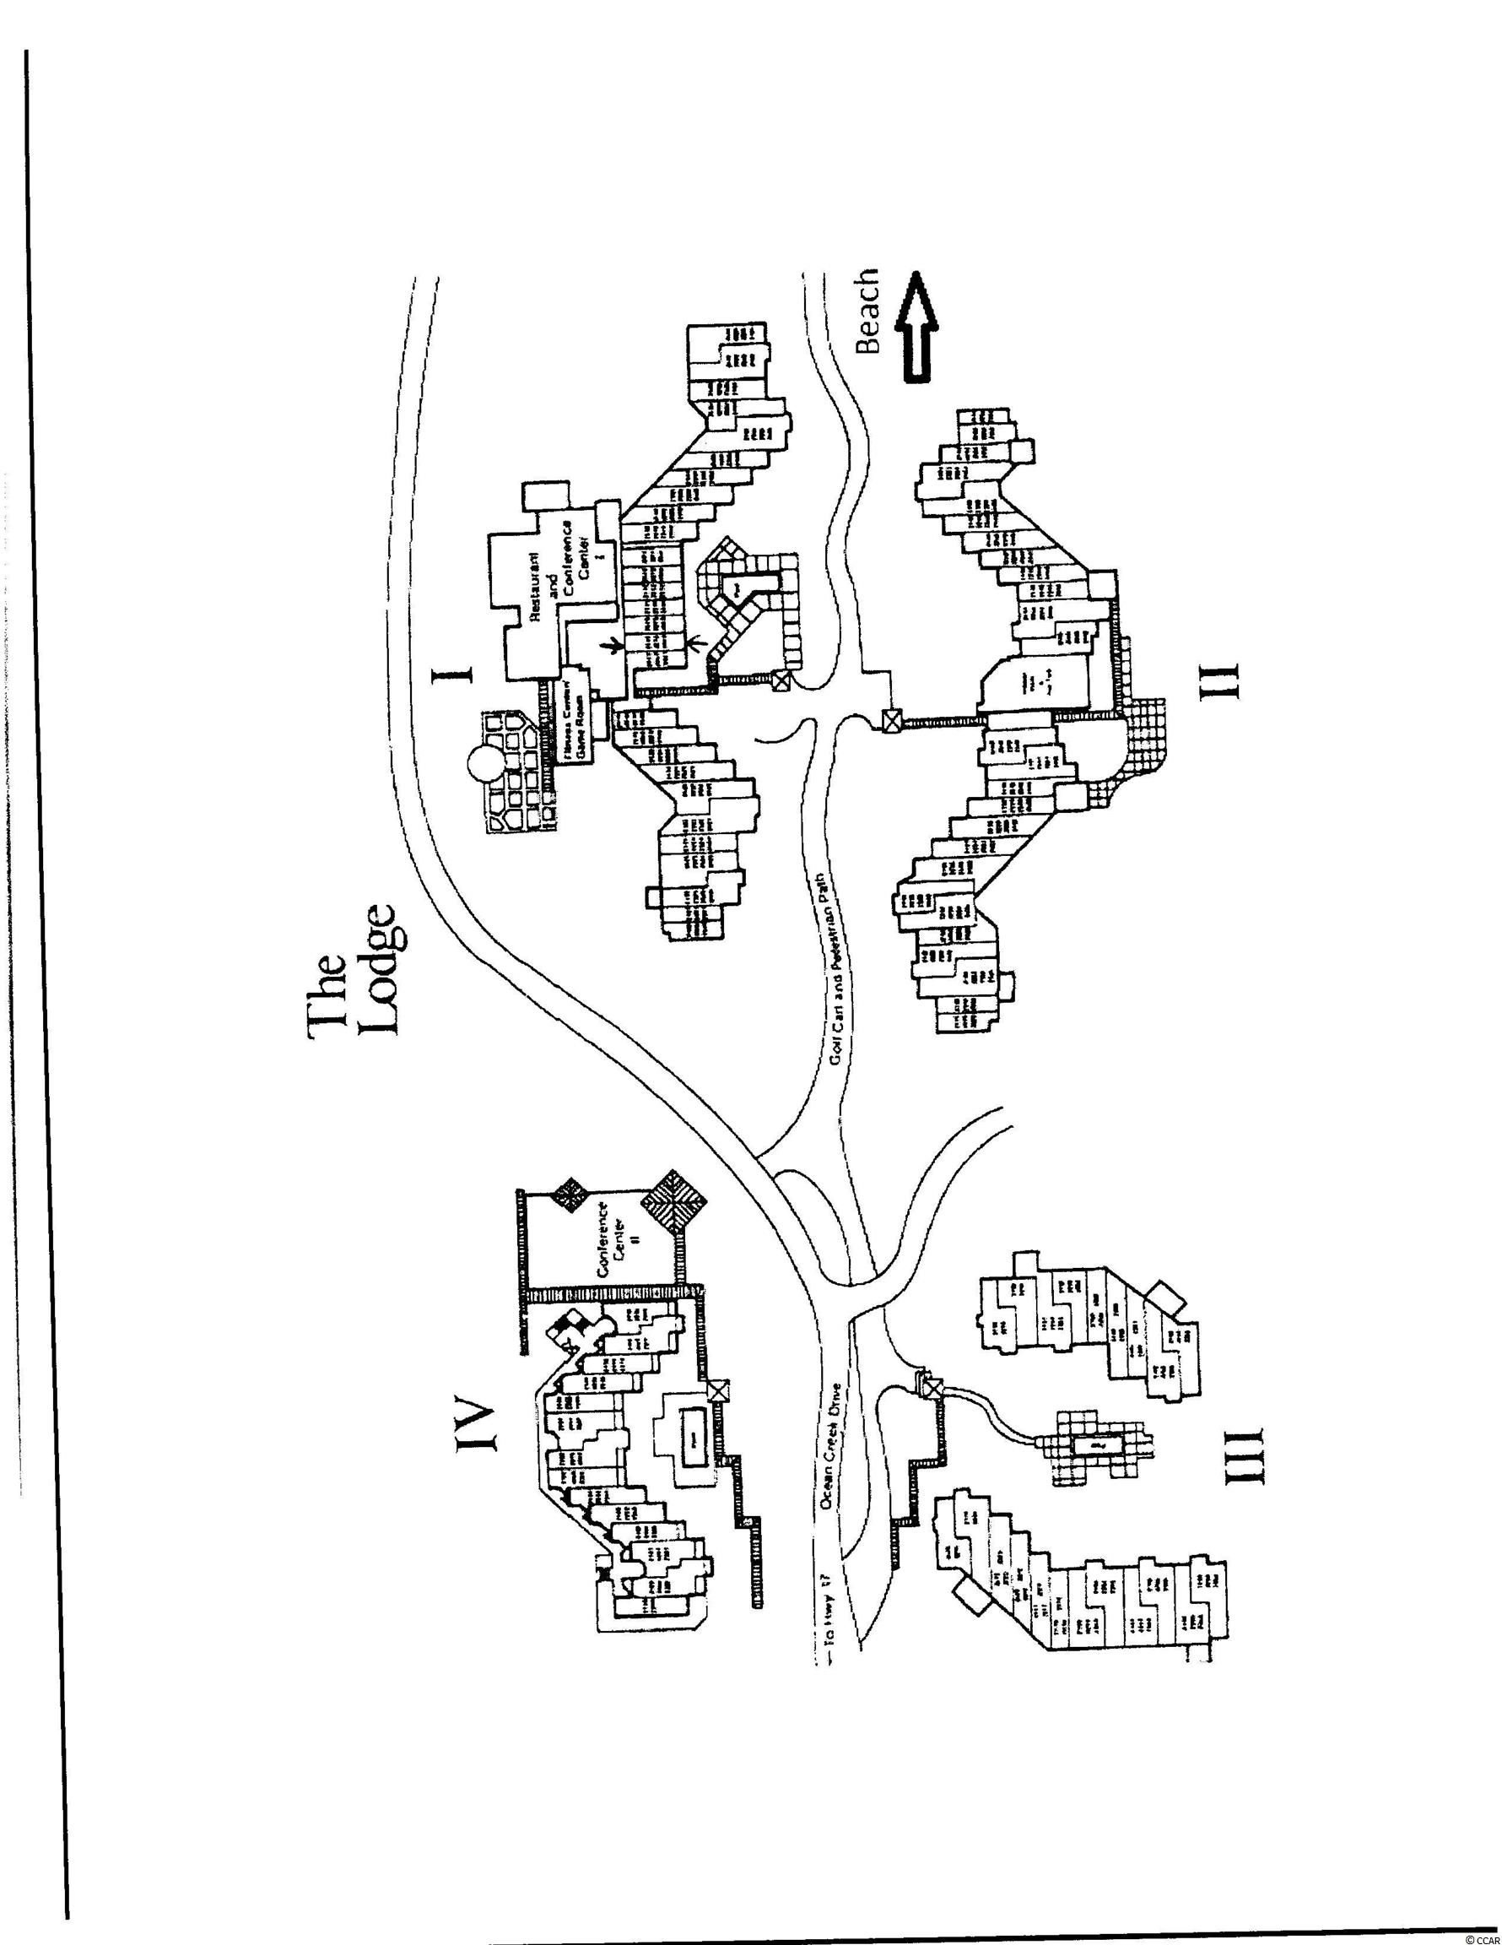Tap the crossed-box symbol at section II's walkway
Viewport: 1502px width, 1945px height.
(x=890, y=719)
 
